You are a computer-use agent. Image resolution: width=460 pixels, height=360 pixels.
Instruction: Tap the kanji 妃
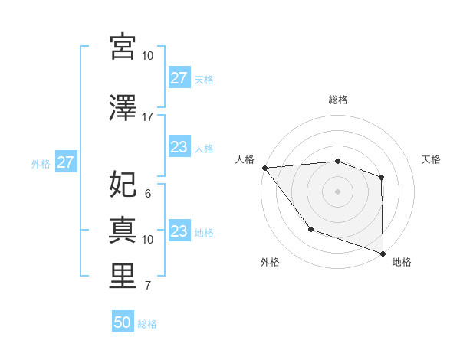(x=123, y=185)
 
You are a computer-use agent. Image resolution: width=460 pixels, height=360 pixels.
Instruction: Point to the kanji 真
(x=123, y=230)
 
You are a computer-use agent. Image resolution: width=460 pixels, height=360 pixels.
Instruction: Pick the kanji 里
(x=123, y=277)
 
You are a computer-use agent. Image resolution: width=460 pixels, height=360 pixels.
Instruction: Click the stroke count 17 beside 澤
(x=148, y=117)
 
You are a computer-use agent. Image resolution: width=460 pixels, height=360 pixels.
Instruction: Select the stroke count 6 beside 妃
(x=148, y=194)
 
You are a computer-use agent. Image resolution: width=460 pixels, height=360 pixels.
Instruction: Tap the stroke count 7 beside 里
(x=148, y=286)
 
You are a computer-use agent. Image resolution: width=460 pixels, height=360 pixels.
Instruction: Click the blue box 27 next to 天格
(x=179, y=78)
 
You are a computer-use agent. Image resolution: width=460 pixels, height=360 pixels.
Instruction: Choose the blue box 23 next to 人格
(x=179, y=148)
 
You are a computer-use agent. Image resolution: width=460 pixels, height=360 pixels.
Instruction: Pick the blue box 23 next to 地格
(x=179, y=231)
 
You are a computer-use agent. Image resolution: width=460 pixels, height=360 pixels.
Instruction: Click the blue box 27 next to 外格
(x=65, y=162)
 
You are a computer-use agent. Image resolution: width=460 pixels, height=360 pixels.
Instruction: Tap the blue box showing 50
(x=123, y=322)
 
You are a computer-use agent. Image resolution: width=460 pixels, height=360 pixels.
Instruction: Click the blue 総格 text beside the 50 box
(x=147, y=324)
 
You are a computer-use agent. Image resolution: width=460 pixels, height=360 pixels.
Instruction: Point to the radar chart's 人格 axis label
(x=245, y=159)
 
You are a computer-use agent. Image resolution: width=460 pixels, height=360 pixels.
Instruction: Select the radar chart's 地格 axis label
(x=402, y=262)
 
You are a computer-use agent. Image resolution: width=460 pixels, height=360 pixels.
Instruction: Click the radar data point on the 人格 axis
(x=264, y=168)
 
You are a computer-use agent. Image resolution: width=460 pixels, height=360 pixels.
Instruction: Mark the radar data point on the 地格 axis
(x=382, y=253)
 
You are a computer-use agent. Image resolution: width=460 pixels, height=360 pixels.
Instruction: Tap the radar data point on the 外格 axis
(x=310, y=229)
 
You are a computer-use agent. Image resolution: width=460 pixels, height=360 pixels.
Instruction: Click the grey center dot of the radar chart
(x=337, y=191)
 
